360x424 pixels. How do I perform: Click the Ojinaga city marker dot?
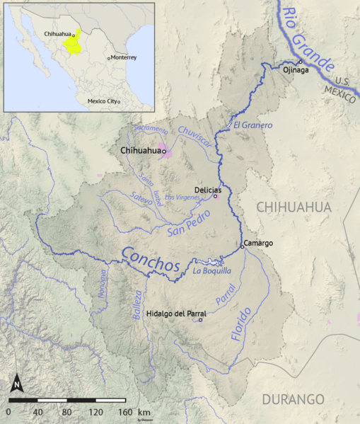(299, 61)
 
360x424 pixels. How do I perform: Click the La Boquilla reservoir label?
(211, 270)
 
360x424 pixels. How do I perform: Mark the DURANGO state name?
(293, 399)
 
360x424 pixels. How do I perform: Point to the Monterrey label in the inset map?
(123, 57)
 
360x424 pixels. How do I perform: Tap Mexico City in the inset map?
(103, 101)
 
